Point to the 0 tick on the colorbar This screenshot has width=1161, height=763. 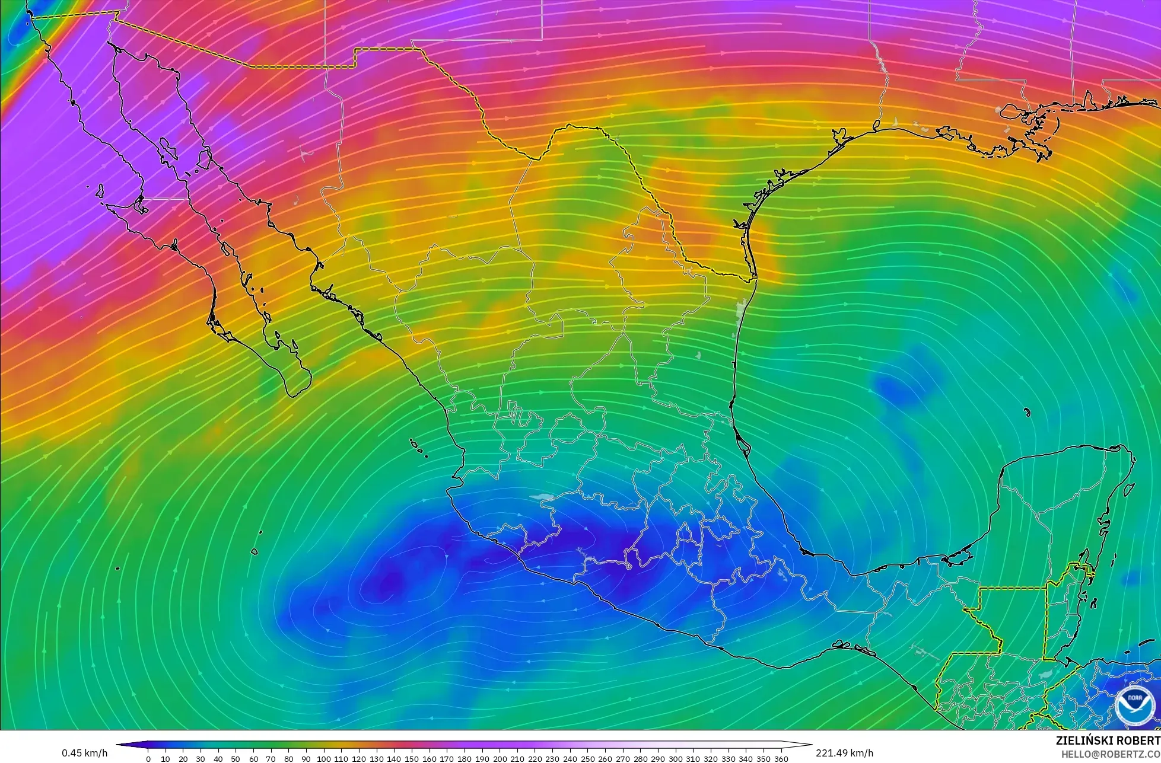(x=148, y=758)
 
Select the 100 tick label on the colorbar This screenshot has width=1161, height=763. (x=324, y=758)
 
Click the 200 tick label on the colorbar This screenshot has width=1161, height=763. (x=500, y=758)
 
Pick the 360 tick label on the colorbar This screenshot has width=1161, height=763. (x=781, y=758)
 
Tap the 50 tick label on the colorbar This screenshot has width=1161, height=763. (x=236, y=758)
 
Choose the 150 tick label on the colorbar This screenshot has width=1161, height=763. (x=412, y=758)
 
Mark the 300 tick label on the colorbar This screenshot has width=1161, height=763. (x=675, y=758)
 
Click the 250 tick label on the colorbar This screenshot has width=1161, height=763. (x=587, y=758)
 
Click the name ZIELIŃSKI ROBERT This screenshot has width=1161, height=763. (x=1108, y=740)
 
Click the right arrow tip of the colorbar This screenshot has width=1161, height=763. (x=811, y=745)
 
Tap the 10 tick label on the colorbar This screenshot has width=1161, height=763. (x=166, y=758)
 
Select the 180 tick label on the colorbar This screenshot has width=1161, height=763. (x=465, y=758)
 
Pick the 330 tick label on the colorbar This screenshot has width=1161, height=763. (x=728, y=758)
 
